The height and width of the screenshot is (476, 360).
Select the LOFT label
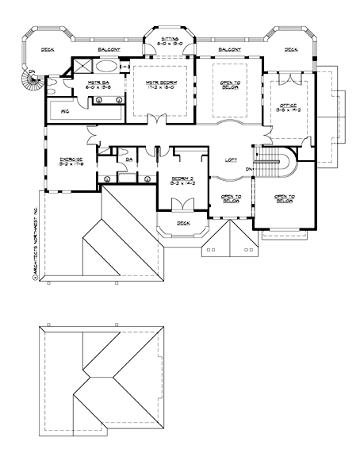pyautogui.click(x=231, y=161)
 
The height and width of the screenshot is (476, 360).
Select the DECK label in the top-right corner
pyautogui.click(x=290, y=49)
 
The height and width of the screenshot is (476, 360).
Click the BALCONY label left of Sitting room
pyautogui.click(x=109, y=49)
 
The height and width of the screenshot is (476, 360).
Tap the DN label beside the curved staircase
pyautogui.click(x=250, y=169)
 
